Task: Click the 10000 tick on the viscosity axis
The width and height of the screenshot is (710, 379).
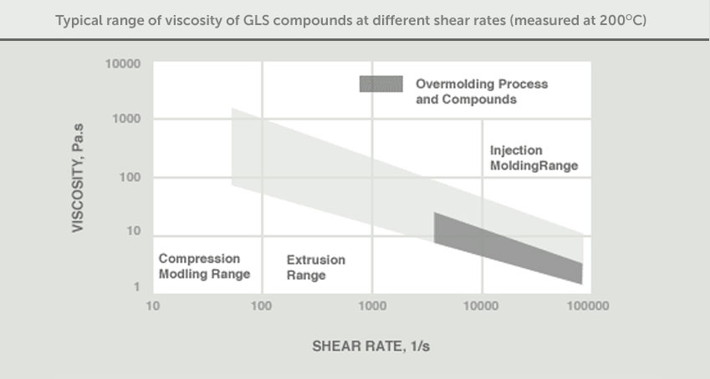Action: click(x=123, y=63)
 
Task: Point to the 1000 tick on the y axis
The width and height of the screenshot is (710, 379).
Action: click(x=126, y=119)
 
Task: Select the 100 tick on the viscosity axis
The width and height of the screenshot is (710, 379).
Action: click(x=129, y=177)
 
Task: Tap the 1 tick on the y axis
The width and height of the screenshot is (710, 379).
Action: click(x=135, y=287)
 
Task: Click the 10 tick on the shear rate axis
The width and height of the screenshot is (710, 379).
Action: click(x=152, y=306)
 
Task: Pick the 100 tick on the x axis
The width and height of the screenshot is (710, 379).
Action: click(x=262, y=306)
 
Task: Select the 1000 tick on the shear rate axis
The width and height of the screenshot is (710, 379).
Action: click(x=372, y=306)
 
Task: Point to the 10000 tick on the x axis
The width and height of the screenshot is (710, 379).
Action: click(x=482, y=306)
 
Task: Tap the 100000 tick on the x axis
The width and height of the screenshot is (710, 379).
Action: click(x=587, y=306)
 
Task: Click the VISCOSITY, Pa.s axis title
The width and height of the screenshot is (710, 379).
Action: click(x=78, y=176)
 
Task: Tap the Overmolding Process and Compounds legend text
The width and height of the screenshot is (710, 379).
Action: click(x=470, y=92)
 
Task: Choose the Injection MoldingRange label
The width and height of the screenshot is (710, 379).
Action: click(x=534, y=158)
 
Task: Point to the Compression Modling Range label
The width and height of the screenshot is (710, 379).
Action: click(x=204, y=265)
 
